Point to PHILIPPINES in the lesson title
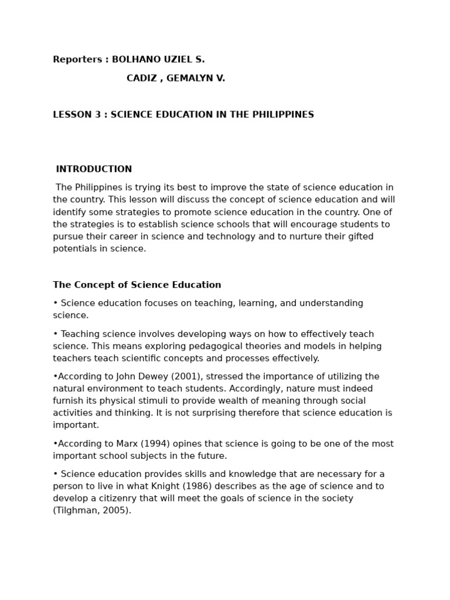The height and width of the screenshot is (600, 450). point(282,115)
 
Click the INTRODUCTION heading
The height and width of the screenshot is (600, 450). point(94,169)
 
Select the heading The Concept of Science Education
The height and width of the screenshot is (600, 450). point(137,285)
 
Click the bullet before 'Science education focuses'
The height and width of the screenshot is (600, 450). point(56,304)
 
